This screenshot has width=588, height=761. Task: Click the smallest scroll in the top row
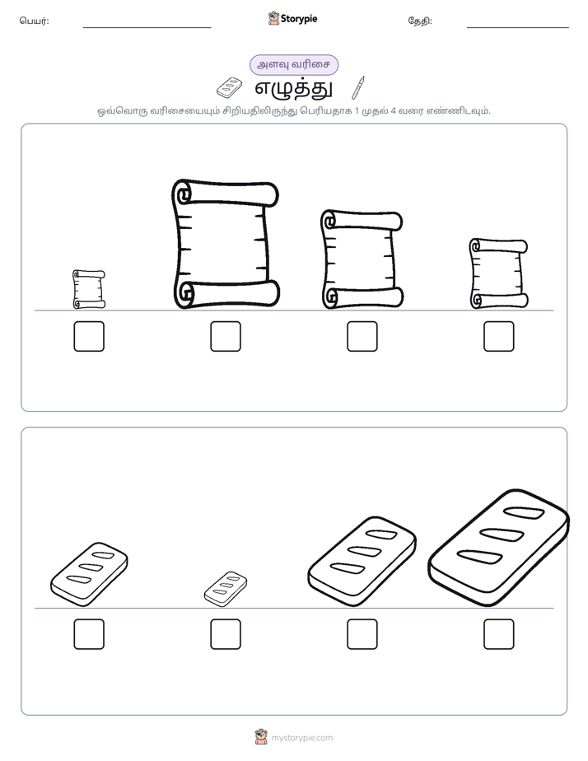point(89,290)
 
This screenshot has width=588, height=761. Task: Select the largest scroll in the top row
point(226,244)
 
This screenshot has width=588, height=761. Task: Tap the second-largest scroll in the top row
point(362,259)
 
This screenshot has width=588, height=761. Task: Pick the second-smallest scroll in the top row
point(499,273)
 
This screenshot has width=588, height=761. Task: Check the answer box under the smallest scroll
point(89,336)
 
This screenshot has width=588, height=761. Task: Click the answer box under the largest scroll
point(226,336)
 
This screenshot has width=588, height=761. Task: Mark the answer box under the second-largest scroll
point(362,336)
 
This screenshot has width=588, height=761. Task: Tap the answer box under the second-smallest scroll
point(499,336)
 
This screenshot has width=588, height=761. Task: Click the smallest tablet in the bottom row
point(226,589)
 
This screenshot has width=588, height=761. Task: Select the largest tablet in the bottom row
point(499,548)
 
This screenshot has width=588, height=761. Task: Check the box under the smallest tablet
point(226,634)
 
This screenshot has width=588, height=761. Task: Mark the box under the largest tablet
point(499,634)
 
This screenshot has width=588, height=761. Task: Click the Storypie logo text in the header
point(299,19)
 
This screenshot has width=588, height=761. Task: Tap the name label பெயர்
point(34,21)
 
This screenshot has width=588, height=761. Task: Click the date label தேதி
point(420,21)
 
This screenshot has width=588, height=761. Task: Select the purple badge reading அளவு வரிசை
point(294,65)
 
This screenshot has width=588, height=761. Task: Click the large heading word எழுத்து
point(294,89)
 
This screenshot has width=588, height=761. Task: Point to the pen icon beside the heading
point(358,88)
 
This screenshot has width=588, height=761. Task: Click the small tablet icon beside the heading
point(230,88)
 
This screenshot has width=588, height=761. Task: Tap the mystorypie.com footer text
point(301,738)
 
